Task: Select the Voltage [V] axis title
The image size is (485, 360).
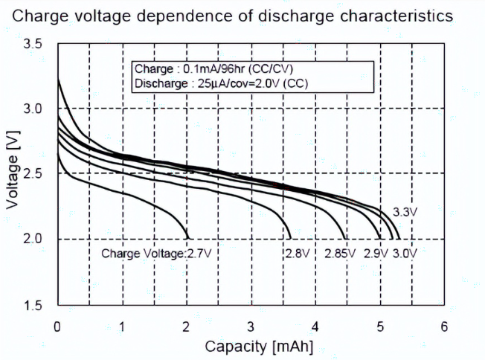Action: tap(13, 174)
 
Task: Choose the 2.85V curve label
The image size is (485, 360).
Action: tap(341, 254)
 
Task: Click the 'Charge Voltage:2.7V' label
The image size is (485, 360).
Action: tap(156, 254)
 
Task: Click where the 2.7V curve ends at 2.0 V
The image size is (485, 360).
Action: tap(187, 238)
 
